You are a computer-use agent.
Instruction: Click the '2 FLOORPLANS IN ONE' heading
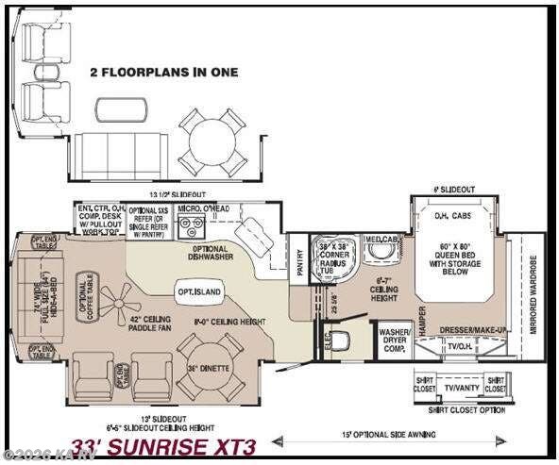(164, 72)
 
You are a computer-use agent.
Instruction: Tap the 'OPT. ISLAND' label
(198, 292)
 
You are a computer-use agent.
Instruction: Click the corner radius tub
(337, 256)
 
